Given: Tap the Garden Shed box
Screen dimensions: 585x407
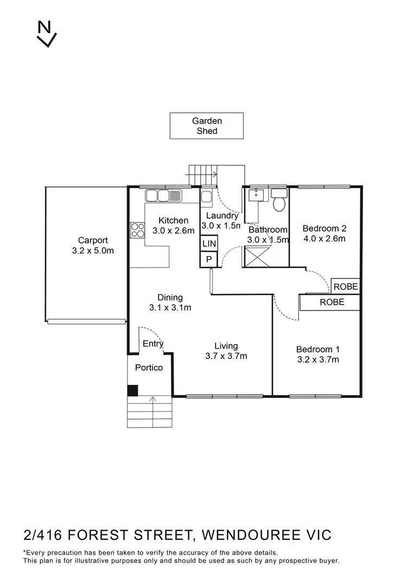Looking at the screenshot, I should [207, 126].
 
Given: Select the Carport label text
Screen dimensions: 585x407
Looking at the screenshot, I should [93, 240].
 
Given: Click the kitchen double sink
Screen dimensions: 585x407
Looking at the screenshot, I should [164, 196].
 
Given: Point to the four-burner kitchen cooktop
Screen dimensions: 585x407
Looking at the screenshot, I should [137, 231].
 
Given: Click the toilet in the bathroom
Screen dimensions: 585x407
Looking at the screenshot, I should [279, 202].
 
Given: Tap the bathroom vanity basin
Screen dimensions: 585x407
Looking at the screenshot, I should [255, 196].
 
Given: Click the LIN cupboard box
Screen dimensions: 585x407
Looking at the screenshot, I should [209, 244].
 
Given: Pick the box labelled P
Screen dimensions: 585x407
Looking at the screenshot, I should [209, 260].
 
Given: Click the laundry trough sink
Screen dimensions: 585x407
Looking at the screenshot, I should [207, 198].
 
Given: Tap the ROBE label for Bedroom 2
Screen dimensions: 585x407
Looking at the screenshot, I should [346, 287].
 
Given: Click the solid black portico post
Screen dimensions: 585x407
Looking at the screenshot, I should [132, 390].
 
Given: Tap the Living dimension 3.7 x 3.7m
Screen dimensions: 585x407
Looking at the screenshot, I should [226, 356].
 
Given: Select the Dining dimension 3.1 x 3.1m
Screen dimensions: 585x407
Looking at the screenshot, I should [170, 308].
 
